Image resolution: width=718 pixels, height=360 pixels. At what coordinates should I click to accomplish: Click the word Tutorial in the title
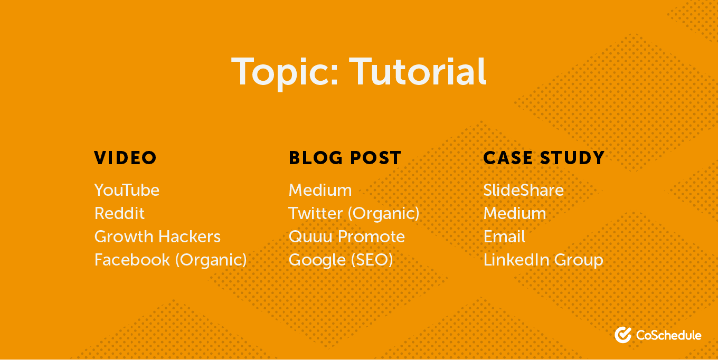[418, 71]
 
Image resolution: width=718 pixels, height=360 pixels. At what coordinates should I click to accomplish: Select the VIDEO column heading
[125, 158]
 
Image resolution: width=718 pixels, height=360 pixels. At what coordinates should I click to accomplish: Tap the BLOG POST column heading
[345, 158]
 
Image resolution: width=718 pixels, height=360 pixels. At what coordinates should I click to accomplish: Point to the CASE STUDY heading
[544, 158]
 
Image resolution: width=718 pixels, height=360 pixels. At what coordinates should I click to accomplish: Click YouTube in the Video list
[127, 190]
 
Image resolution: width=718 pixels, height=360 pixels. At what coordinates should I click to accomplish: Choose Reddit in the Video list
[119, 213]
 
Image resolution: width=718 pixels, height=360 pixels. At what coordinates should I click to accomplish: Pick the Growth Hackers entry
[157, 236]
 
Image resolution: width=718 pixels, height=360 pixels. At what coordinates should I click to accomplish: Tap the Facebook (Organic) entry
[171, 260]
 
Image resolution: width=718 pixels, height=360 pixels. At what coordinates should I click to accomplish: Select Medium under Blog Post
[320, 190]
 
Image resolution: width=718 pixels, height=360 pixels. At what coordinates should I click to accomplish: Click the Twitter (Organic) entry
[354, 213]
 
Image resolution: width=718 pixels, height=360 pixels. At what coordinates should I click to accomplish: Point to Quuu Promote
[347, 237]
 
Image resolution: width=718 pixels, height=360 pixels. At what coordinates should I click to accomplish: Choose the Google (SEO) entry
[341, 260]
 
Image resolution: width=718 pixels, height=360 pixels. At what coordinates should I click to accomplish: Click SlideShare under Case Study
[523, 190]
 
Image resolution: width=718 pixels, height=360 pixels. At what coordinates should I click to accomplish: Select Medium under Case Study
[515, 213]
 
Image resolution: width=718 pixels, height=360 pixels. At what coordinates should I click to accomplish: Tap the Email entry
[504, 236]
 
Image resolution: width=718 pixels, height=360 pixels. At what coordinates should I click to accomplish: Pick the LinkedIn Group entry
[543, 260]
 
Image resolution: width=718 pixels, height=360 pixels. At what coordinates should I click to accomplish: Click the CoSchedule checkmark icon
[623, 335]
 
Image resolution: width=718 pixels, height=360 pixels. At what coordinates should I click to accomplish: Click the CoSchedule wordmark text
[668, 335]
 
